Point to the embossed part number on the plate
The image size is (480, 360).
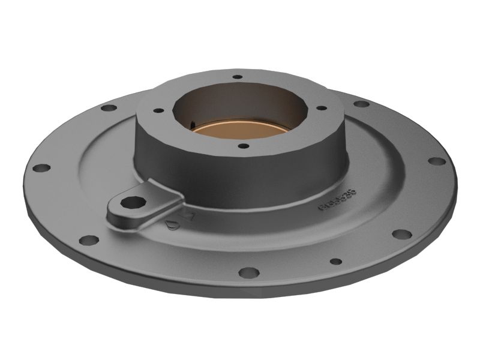tap(337, 200)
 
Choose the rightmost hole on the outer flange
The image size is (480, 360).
tap(437, 161)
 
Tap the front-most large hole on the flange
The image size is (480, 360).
tap(248, 272)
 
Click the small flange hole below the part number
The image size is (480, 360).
tap(336, 262)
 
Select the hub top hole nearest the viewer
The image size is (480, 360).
tap(243, 146)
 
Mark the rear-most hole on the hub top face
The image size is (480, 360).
tap(238, 77)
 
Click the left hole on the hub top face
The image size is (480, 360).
tap(158, 111)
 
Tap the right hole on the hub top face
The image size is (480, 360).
tap(322, 108)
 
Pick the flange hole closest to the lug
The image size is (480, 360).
tap(89, 240)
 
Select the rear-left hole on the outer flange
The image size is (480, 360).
tap(109, 108)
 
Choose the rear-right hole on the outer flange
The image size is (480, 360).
tap(361, 104)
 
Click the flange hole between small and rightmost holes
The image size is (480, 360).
tap(401, 234)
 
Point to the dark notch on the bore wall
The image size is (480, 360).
tap(192, 125)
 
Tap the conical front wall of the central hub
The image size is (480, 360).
tap(240, 174)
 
